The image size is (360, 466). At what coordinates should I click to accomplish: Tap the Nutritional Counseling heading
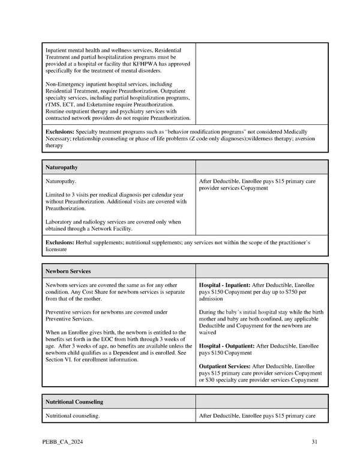[74, 402]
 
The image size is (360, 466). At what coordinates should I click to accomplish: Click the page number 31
[314, 443]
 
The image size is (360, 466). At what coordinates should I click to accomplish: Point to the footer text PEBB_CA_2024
[63, 443]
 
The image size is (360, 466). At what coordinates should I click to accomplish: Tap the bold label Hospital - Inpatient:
[224, 285]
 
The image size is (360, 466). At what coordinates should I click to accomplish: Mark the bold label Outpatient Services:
[224, 366]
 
